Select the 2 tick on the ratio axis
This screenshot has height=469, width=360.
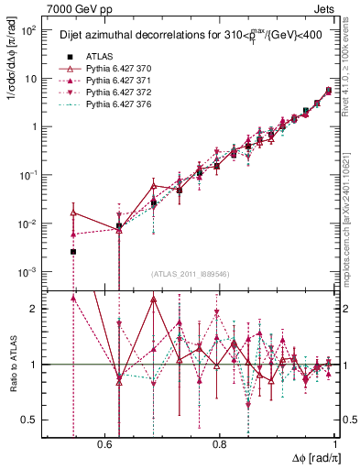[x=36, y=309]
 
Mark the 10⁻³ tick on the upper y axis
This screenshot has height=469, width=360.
[x=29, y=272]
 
